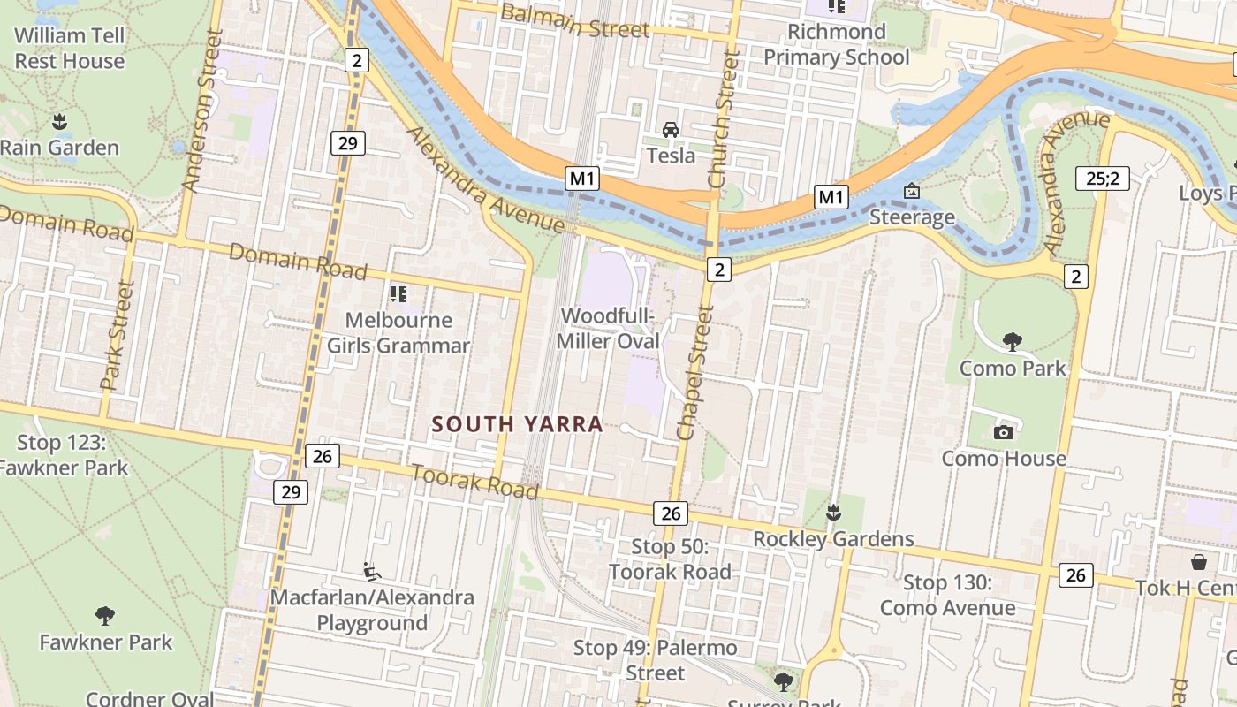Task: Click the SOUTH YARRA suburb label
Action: pos(517,424)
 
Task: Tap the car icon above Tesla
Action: pos(671,131)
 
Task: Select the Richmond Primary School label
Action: pos(836,45)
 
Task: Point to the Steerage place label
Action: pos(912,217)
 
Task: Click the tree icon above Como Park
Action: pos(1013,341)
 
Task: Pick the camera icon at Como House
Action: pos(1003,432)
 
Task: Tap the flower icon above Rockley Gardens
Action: pos(832,512)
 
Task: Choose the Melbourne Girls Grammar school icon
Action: pos(398,293)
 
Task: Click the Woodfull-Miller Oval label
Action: pos(610,328)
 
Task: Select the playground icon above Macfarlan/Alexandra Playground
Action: pos(372,572)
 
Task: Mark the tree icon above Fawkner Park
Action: pos(105,615)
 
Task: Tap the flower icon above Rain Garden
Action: pos(59,121)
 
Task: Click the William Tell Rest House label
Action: pos(69,49)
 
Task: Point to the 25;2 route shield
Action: pos(1103,179)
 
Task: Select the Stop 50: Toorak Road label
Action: pos(670,559)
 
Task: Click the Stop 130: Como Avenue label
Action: pos(947,596)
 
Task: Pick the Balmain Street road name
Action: pos(575,21)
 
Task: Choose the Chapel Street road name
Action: pos(694,372)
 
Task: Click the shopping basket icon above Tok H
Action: pos(1199,562)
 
